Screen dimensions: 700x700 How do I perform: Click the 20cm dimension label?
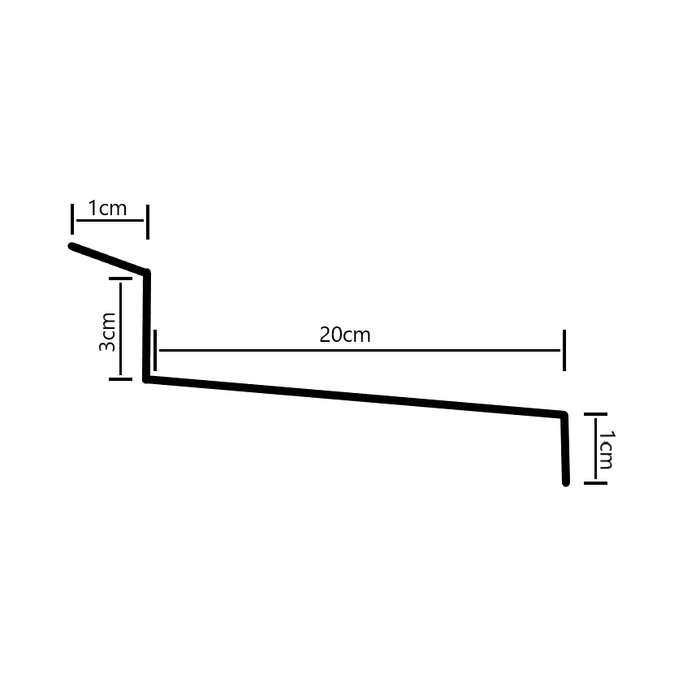pos(345,335)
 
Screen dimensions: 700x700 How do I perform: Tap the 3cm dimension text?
pos(107,333)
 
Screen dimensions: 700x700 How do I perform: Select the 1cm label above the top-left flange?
pos(107,209)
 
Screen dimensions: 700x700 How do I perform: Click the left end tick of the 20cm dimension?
pos(155,350)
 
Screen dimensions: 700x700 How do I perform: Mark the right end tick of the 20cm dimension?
pos(564,350)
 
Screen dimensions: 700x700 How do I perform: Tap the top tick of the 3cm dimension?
pos(120,279)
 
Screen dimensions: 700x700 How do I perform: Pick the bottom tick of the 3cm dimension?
pos(120,377)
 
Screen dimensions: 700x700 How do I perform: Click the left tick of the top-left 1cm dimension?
pos(72,219)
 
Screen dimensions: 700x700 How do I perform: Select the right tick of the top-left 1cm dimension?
pos(147,219)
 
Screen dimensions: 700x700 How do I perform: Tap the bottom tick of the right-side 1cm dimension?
pos(595,483)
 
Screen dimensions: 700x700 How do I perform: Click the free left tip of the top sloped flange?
pos(72,245)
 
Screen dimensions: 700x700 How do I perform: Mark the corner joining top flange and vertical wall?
pos(147,273)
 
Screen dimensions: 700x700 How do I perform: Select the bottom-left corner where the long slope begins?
pos(147,378)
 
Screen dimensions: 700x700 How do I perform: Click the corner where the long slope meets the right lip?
pos(564,415)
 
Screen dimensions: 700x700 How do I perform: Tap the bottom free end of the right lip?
pos(565,482)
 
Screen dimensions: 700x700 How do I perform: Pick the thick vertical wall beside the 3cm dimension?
pos(147,325)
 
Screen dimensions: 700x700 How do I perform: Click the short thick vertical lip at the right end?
pos(564,449)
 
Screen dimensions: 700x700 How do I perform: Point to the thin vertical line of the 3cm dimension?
pos(120,328)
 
